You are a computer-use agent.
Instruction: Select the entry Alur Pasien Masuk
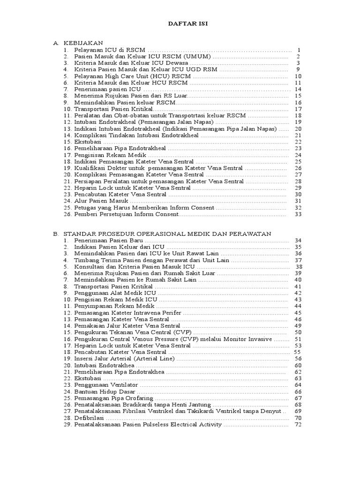pyautogui.click(x=101, y=201)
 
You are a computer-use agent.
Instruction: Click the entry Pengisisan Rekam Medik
pyautogui.click(x=110, y=155)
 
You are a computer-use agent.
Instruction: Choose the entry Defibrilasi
pyautogui.click(x=90, y=418)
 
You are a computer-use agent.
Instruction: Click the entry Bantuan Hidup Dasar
pyautogui.click(x=105, y=391)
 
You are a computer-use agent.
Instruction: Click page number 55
pyautogui.click(x=297, y=352)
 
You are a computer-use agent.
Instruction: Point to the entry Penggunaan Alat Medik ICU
pyautogui.click(x=115, y=293)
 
